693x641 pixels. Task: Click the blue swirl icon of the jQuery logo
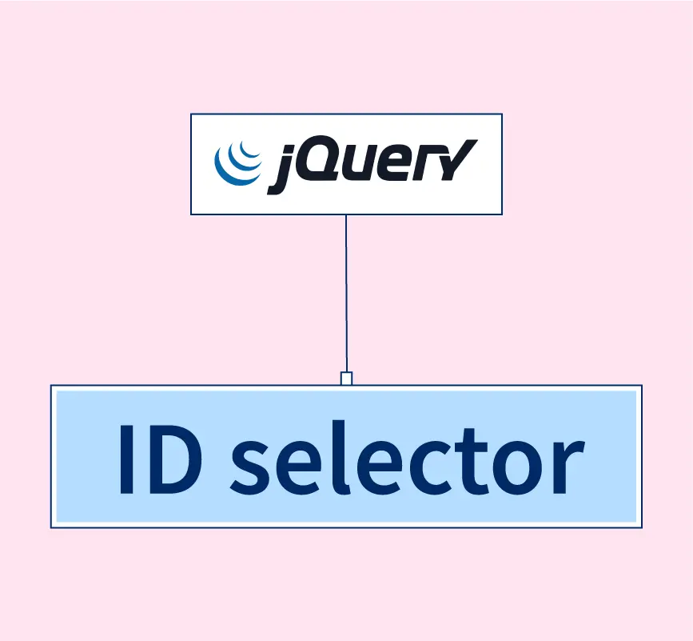click(237, 163)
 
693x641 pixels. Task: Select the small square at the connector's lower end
click(346, 379)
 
